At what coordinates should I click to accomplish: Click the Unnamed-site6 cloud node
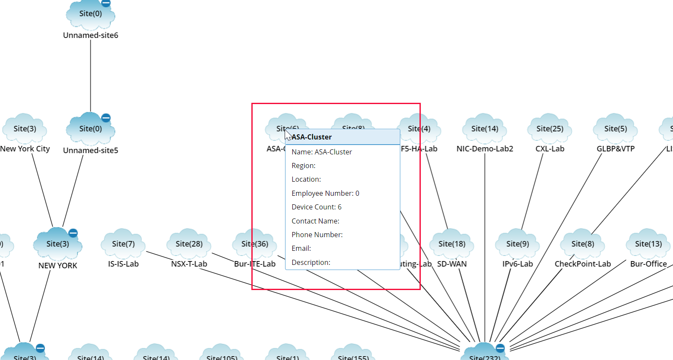click(x=90, y=14)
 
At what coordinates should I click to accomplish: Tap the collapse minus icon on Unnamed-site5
click(x=106, y=118)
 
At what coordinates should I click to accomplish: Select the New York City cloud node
click(x=25, y=129)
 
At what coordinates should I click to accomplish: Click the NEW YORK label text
click(x=58, y=265)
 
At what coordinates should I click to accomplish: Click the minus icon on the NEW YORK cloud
click(x=73, y=233)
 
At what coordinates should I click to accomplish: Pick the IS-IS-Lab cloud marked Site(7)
click(x=123, y=244)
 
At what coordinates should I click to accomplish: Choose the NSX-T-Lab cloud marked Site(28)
click(x=189, y=244)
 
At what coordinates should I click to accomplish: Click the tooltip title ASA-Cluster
click(x=312, y=137)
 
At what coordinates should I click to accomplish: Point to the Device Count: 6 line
click(x=316, y=207)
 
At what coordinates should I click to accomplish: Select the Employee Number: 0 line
click(x=325, y=193)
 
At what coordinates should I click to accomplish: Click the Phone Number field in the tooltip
click(x=317, y=235)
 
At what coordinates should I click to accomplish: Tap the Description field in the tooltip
click(x=311, y=262)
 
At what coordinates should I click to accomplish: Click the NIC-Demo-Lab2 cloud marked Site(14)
click(x=485, y=129)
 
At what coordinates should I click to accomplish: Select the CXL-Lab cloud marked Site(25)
click(x=550, y=129)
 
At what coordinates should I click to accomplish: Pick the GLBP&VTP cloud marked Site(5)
click(x=615, y=129)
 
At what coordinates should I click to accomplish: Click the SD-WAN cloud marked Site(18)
click(x=452, y=244)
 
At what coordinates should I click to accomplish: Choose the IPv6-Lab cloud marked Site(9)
click(x=518, y=244)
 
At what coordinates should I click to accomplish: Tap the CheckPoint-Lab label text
click(x=583, y=264)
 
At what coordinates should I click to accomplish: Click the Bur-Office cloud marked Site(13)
click(x=648, y=244)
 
